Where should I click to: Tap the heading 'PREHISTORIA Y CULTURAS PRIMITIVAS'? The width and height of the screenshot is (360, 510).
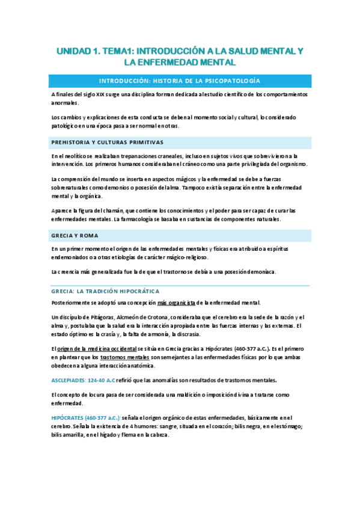click(108, 142)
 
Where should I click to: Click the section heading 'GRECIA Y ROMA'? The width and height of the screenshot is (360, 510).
click(75, 235)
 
